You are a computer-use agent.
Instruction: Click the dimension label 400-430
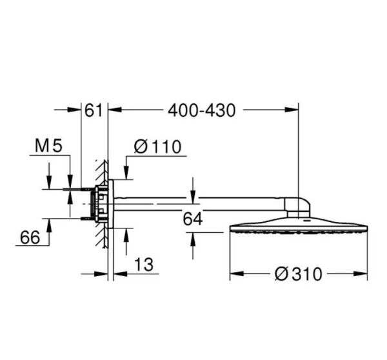(201, 110)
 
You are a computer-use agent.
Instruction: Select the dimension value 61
(94, 110)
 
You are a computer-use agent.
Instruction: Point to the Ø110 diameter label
(157, 147)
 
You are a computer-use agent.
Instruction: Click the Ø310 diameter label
(298, 274)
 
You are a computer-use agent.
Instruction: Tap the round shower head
(299, 227)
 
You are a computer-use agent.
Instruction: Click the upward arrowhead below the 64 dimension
(193, 237)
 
